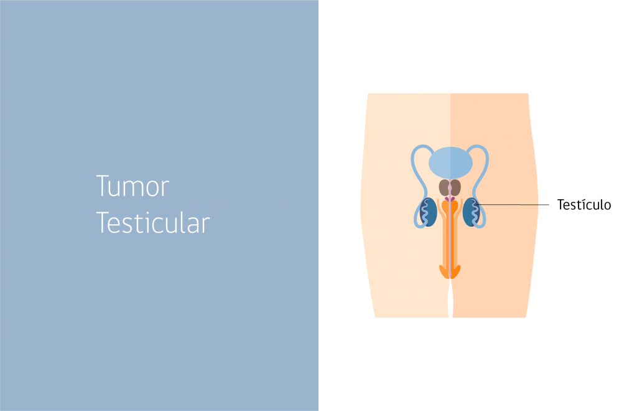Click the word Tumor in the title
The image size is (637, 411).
coord(133,186)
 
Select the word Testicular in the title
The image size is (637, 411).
coord(153,223)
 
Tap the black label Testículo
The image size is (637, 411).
coord(584,204)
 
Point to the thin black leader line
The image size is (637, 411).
coord(513,204)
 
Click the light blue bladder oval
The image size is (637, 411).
coord(450,163)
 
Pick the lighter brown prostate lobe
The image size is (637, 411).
coord(444,187)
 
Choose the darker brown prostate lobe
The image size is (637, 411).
coord(455,187)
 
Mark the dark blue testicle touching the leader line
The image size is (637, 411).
coord(472,212)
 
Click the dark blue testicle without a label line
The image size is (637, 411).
coord(428,212)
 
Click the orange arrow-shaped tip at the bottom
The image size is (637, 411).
coord(450,272)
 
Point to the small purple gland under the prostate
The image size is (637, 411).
coord(450,199)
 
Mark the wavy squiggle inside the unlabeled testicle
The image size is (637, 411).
coord(424,212)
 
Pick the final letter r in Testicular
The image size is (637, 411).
coord(206,226)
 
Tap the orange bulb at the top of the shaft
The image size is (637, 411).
coord(450,207)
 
